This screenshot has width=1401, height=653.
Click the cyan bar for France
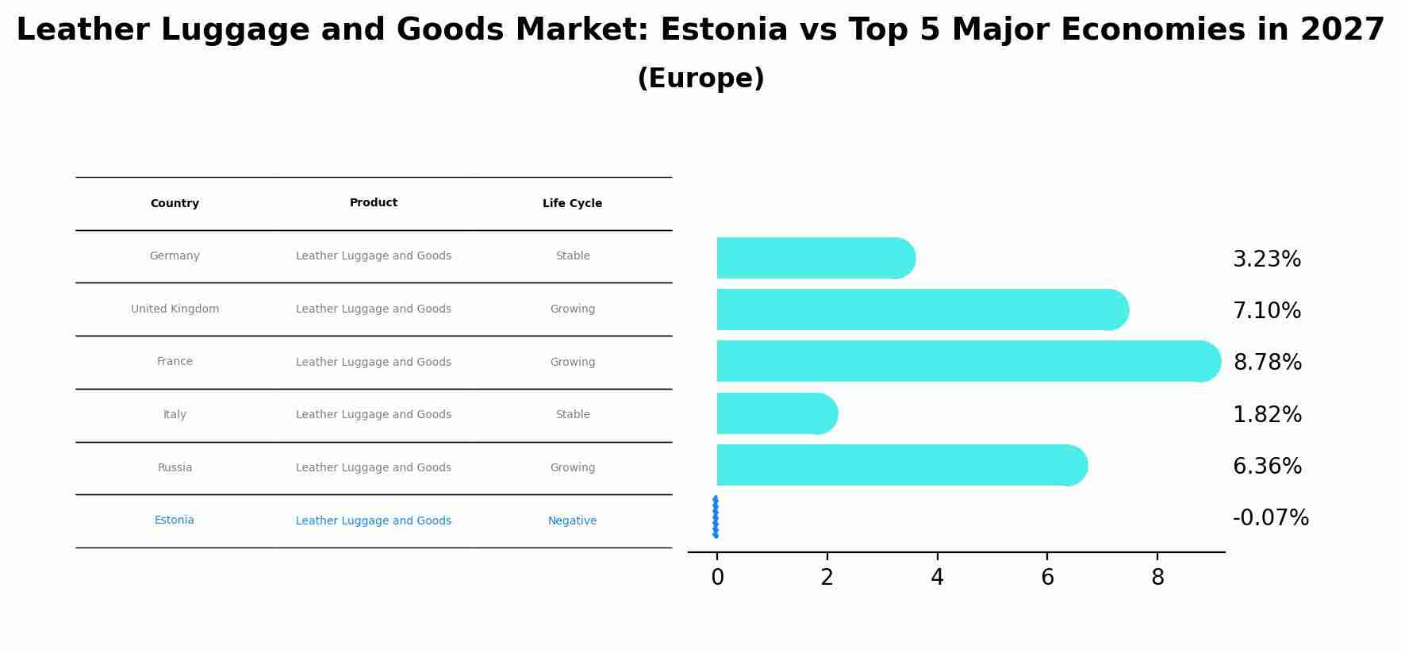coord(968,361)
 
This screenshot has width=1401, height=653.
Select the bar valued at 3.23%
coord(816,258)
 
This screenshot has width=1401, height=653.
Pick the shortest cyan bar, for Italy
coord(777,413)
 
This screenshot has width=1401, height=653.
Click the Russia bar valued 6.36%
coord(901,465)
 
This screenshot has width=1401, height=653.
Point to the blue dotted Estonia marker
coord(716,517)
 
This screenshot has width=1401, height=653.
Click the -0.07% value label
coord(1270,518)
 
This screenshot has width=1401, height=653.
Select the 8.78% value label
coord(1267,363)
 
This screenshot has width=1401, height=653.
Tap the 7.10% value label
coord(1266,311)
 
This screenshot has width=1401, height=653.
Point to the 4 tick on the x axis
coord(937,578)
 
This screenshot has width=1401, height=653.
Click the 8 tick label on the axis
coord(1157,578)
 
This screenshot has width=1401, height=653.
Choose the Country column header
coord(175,204)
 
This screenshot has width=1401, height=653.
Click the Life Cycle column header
coord(572,204)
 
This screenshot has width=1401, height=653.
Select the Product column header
coord(374,203)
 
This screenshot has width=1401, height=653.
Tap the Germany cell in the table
coord(175,256)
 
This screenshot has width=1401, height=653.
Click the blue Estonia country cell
coord(175,520)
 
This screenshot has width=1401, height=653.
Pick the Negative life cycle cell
coord(572,521)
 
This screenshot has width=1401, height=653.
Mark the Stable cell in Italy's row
coord(573,415)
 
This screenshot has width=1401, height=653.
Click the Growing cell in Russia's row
coord(572,468)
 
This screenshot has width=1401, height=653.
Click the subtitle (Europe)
coord(700,79)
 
